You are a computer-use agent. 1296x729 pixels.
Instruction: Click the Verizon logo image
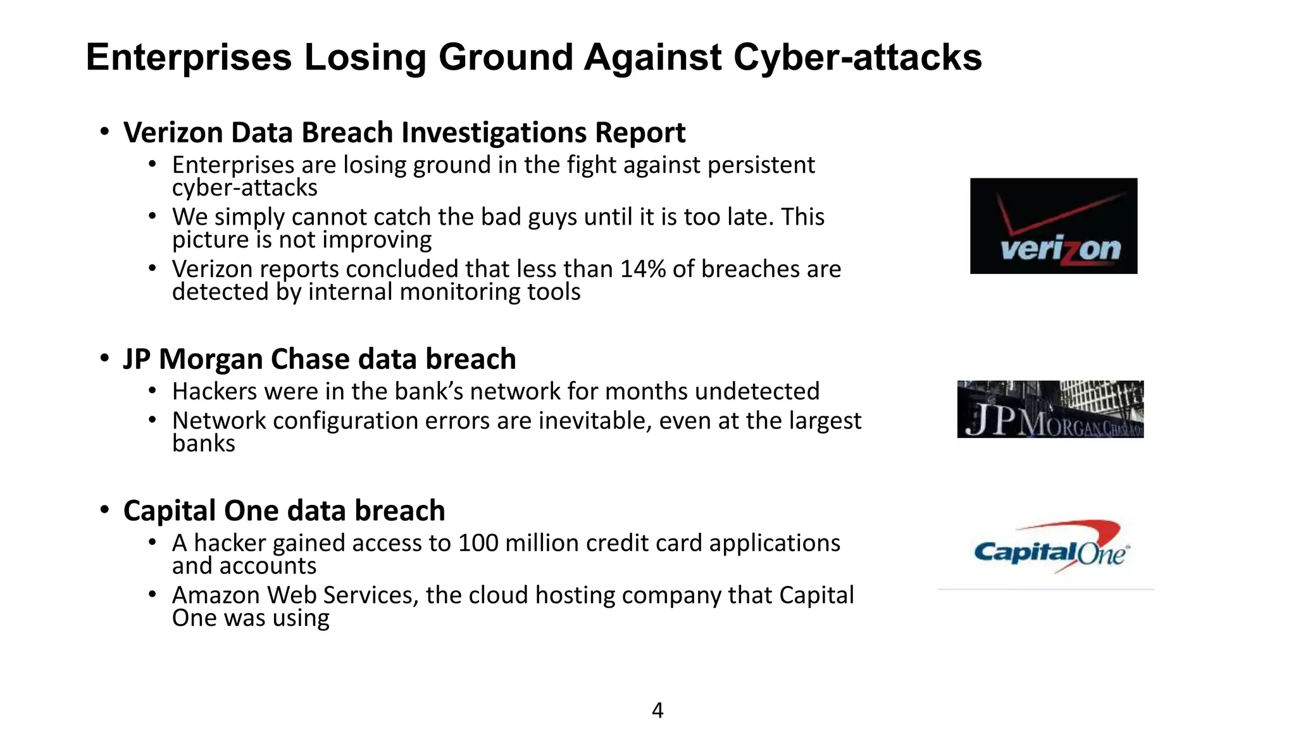[1053, 226]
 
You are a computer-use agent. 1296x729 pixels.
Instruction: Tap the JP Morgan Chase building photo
[1050, 409]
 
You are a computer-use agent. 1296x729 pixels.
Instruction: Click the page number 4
[657, 710]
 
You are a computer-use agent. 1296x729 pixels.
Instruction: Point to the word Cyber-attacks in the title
[857, 57]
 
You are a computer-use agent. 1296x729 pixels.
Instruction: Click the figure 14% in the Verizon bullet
[642, 269]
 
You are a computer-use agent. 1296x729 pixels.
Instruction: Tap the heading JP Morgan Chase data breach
[320, 359]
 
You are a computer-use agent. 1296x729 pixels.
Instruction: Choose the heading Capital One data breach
[284, 511]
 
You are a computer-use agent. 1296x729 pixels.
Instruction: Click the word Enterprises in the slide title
[189, 57]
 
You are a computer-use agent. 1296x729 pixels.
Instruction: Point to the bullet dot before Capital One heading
[105, 510]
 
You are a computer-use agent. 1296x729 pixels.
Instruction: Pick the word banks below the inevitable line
[203, 444]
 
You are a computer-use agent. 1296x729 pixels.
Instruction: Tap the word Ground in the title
[506, 57]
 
